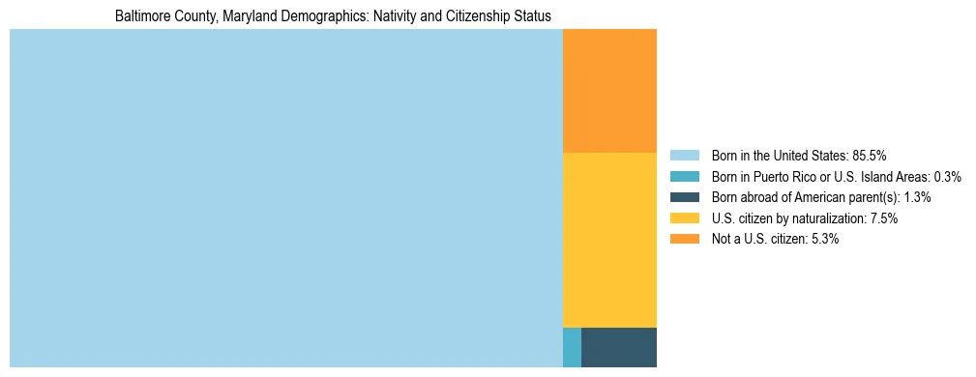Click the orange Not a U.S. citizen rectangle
pyautogui.click(x=609, y=91)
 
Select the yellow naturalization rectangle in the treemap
pyautogui.click(x=609, y=240)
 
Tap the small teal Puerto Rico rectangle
pyautogui.click(x=572, y=347)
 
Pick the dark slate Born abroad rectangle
pyautogui.click(x=619, y=347)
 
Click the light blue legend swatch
pyautogui.click(x=684, y=155)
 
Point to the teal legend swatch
pyautogui.click(x=684, y=176)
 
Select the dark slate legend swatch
pyautogui.click(x=684, y=197)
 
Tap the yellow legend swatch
pyautogui.click(x=684, y=218)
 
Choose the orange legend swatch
pyautogui.click(x=684, y=240)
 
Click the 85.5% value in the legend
pyautogui.click(x=870, y=155)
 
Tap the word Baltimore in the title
pyautogui.click(x=139, y=16)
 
